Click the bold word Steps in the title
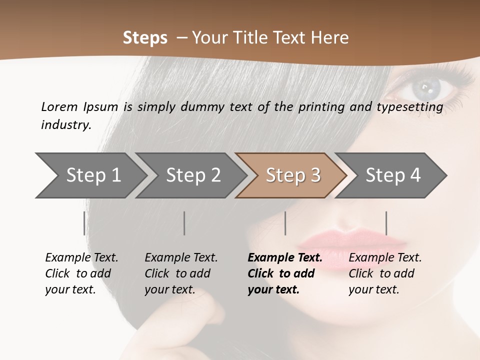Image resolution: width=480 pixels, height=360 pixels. point(145,38)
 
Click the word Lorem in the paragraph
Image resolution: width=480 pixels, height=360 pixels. point(59,106)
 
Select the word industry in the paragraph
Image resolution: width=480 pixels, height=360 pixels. point(66,124)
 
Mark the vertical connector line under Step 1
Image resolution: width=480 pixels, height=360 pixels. point(84,223)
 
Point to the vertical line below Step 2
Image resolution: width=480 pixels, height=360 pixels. point(184,223)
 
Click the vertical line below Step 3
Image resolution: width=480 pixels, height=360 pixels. point(285,223)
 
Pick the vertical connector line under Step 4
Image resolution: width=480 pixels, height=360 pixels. point(386,223)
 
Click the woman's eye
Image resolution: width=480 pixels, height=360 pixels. point(425,89)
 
